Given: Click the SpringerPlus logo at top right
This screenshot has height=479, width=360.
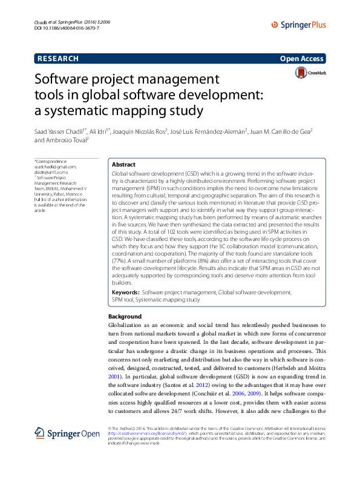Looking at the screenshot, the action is click(299, 25).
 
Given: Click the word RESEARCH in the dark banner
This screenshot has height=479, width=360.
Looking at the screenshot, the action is click(58, 59).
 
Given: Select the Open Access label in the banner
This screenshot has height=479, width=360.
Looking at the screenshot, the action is click(301, 59).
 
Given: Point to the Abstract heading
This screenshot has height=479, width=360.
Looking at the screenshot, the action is click(124, 165).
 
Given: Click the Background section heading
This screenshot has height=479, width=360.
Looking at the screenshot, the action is click(125, 317).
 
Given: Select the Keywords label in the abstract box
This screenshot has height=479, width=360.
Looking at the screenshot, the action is click(126, 292).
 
